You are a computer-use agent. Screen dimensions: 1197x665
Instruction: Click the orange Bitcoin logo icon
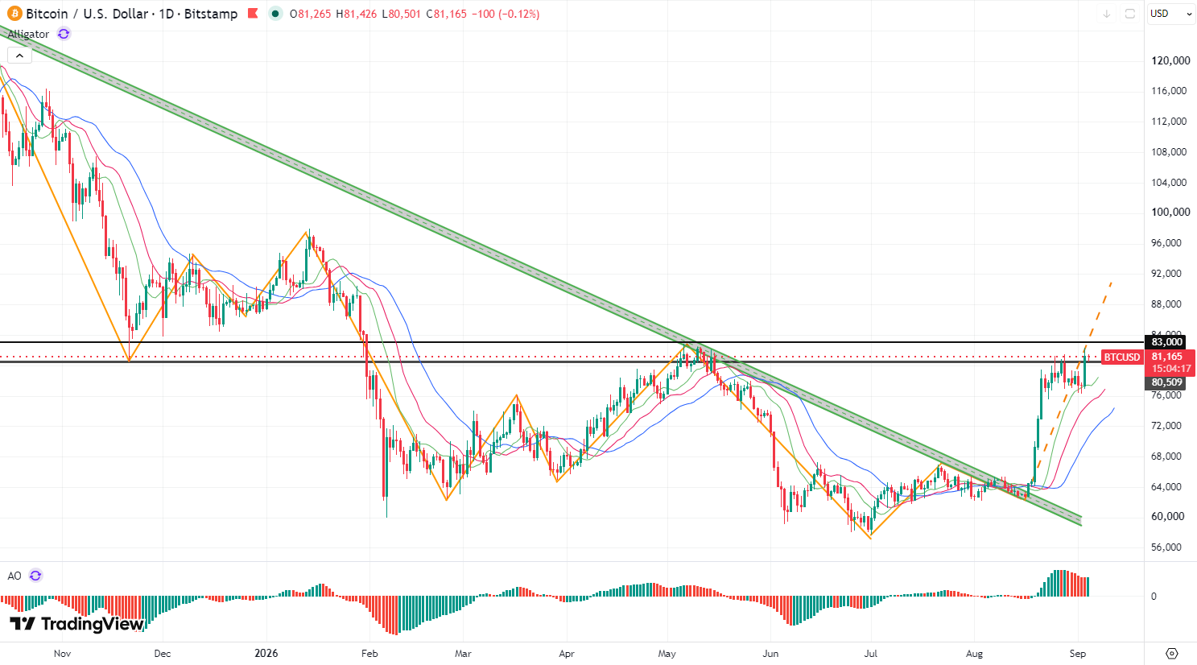coord(14,14)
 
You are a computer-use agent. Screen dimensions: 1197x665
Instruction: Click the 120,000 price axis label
coord(1170,61)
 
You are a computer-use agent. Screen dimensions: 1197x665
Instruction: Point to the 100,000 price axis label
coord(1170,213)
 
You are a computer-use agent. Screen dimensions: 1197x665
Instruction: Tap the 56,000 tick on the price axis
coord(1166,547)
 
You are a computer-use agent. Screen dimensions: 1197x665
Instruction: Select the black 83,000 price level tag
coord(1166,342)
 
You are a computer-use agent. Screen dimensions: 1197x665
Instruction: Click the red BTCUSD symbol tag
coord(1122,357)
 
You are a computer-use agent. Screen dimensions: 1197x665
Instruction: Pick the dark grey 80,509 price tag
coord(1166,382)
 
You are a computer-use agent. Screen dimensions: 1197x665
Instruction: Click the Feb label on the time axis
coord(369,653)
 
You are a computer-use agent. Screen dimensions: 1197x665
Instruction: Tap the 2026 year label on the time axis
coord(266,653)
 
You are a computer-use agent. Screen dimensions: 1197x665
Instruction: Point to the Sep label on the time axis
coord(1077,653)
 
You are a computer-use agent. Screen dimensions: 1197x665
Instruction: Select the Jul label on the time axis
coord(871,653)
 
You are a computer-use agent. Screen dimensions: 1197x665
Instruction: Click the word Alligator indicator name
coord(28,34)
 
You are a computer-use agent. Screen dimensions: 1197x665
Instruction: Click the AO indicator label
coord(14,576)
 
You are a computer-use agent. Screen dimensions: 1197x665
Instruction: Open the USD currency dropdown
coord(1170,14)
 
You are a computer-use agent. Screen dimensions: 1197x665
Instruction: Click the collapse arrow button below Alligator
coord(20,56)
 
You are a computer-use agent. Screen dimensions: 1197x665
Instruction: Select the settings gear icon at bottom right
coord(1171,653)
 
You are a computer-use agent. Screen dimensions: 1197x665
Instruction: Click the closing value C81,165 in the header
coord(446,14)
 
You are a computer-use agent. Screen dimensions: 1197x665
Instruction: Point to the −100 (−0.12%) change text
coord(506,14)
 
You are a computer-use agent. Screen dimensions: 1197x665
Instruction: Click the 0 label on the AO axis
coord(1154,597)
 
